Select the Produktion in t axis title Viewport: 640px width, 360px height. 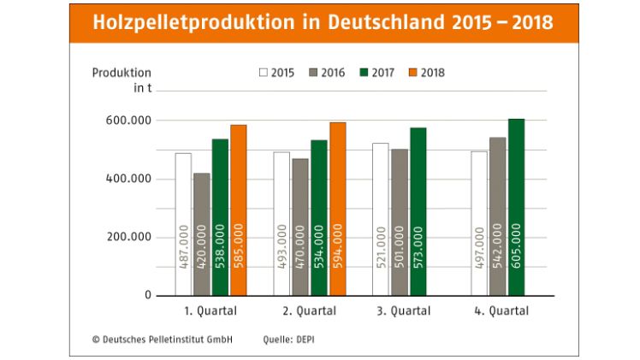[x=121, y=80]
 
